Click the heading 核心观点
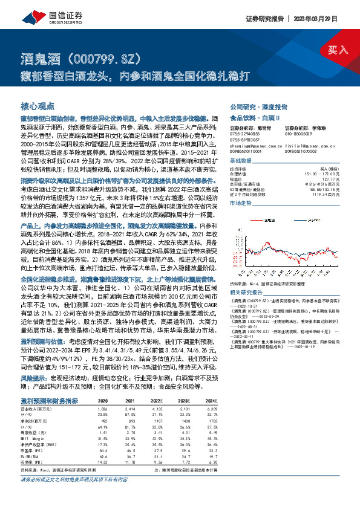tap(38, 105)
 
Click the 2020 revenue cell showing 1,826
tap(102, 409)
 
